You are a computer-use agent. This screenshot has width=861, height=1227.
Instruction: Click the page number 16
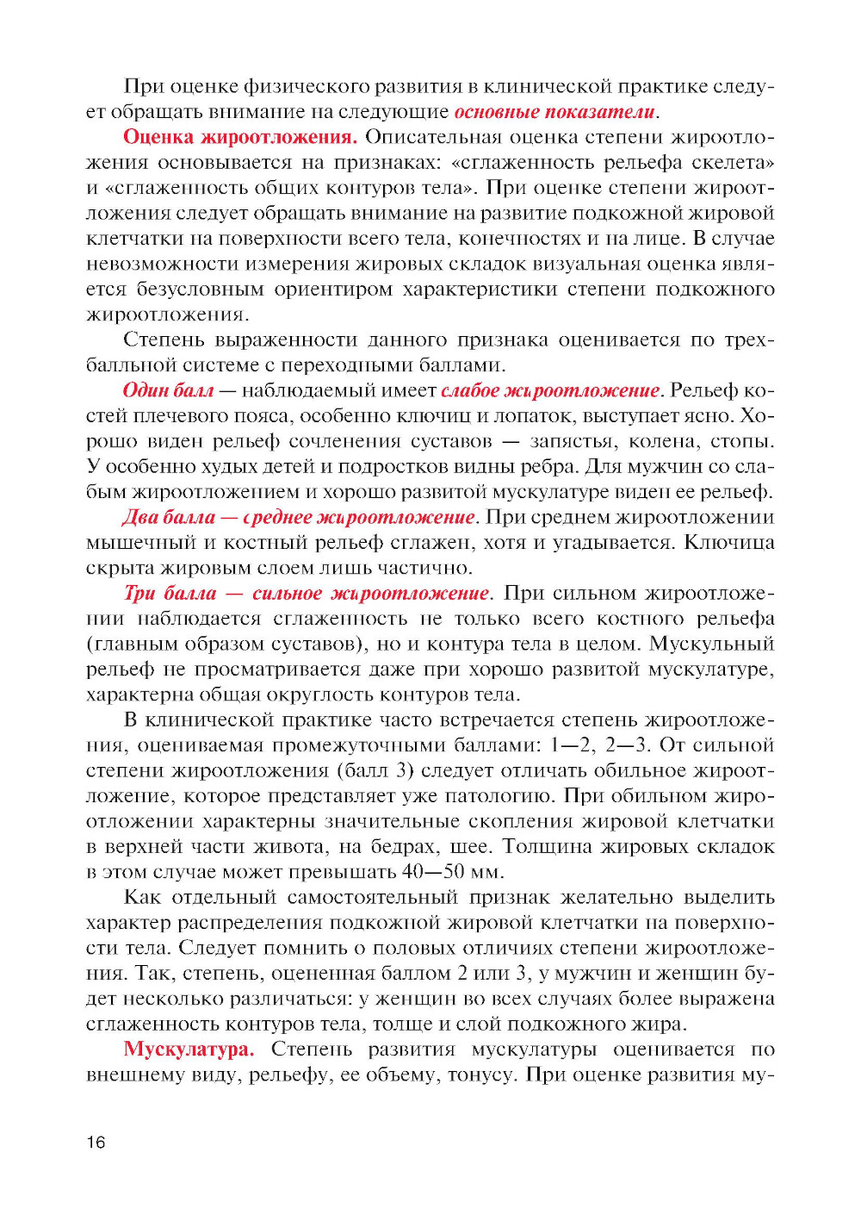tap(96, 1143)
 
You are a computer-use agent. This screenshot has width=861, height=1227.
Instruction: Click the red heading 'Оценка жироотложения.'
tap(239, 137)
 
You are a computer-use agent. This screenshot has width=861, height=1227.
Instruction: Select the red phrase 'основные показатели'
tap(554, 112)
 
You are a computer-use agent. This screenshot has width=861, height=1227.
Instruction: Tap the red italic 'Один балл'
tap(168, 390)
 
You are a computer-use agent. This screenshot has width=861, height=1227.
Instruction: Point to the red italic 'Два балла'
tap(169, 517)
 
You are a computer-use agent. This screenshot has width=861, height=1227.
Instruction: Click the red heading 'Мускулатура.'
tap(189, 1049)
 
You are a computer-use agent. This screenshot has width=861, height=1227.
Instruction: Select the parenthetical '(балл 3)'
tap(375, 770)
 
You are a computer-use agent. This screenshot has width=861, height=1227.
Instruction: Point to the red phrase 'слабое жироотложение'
tap(550, 390)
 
